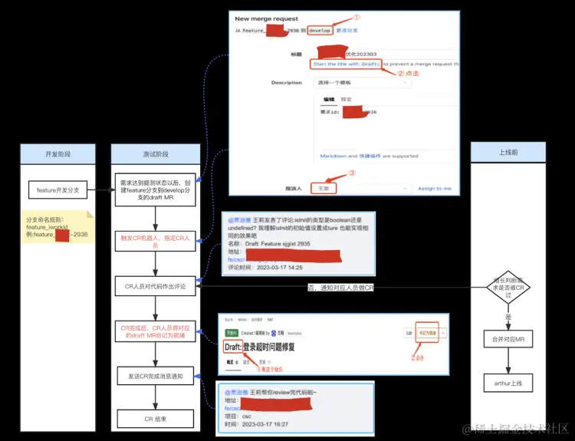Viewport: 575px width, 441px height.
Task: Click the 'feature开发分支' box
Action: [x=58, y=189]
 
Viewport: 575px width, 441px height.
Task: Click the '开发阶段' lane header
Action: [x=58, y=153]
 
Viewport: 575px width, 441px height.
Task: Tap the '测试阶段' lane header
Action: [x=156, y=153]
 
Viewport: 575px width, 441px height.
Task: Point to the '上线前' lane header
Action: [x=508, y=153]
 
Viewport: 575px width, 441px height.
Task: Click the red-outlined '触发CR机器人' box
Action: [x=156, y=241]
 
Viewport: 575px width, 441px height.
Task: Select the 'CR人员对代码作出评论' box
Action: [x=156, y=287]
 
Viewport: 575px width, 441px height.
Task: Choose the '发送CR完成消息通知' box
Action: [x=156, y=376]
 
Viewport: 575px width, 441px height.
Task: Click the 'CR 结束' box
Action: [x=156, y=419]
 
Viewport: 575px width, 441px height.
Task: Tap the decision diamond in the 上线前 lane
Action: [x=508, y=288]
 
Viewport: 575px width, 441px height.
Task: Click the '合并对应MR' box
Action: [x=508, y=338]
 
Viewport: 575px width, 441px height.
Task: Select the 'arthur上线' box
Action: [x=508, y=381]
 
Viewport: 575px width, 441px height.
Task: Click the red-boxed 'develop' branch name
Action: [x=320, y=31]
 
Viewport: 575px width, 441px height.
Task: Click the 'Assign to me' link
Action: [x=435, y=188]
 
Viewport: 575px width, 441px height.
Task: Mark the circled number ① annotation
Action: [x=356, y=17]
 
